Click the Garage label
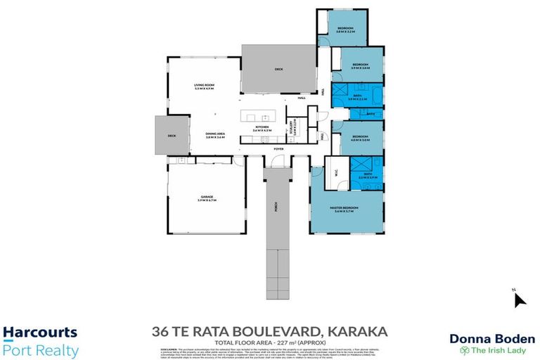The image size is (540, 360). point(207,198)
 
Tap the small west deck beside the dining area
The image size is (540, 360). point(171,135)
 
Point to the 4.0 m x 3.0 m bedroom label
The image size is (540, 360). point(360,139)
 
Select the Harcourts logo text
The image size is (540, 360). point(40,333)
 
